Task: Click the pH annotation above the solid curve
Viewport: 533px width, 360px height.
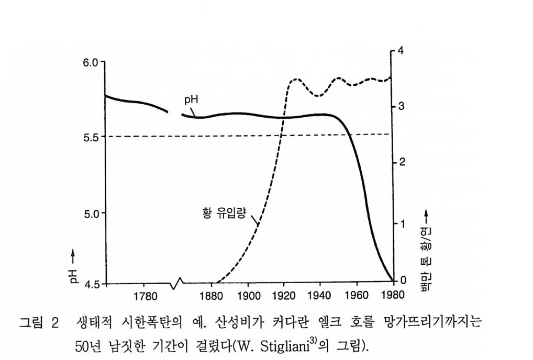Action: pyautogui.click(x=191, y=100)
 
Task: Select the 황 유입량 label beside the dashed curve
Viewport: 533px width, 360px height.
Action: pyautogui.click(x=224, y=213)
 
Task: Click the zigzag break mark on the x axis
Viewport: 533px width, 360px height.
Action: pyautogui.click(x=176, y=283)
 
